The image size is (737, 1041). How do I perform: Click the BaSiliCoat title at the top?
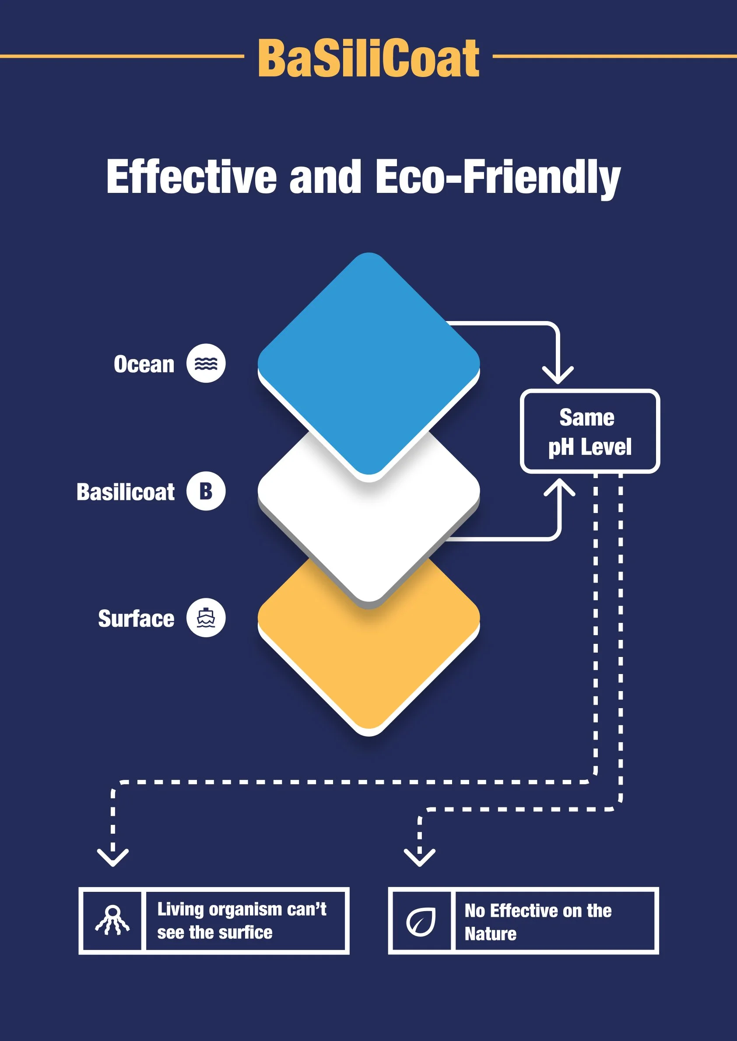click(x=368, y=58)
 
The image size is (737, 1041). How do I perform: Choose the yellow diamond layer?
click(x=368, y=653)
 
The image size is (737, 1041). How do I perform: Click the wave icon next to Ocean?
click(x=206, y=363)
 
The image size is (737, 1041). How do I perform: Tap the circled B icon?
click(x=206, y=491)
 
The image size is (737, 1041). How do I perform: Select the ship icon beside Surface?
click(x=206, y=618)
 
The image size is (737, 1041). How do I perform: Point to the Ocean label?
click(x=144, y=364)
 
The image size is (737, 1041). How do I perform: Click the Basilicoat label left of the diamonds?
click(x=126, y=492)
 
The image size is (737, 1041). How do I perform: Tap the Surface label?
click(x=136, y=619)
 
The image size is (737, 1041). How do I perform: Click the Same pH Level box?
click(x=590, y=431)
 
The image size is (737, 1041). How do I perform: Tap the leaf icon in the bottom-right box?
click(x=421, y=921)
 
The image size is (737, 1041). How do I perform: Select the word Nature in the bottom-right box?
click(x=490, y=934)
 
